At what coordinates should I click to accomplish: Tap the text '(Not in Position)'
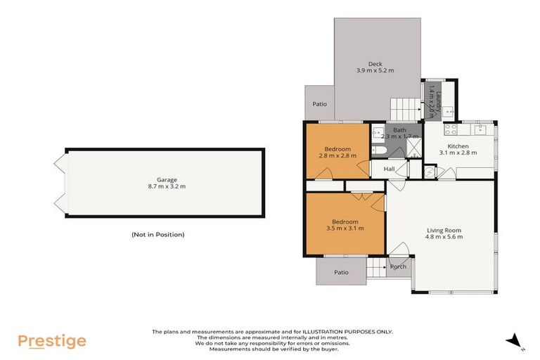(157, 234)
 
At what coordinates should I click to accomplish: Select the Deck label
(375, 64)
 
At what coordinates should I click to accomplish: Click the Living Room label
(444, 230)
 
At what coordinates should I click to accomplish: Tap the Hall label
(389, 169)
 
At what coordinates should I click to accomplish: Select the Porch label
(399, 266)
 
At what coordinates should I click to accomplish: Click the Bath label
(399, 130)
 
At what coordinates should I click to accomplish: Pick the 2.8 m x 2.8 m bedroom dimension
(338, 155)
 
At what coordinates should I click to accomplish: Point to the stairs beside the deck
(405, 108)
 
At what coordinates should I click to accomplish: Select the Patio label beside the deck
(320, 104)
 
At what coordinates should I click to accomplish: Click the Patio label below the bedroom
(341, 272)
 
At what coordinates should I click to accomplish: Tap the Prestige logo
(52, 341)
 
